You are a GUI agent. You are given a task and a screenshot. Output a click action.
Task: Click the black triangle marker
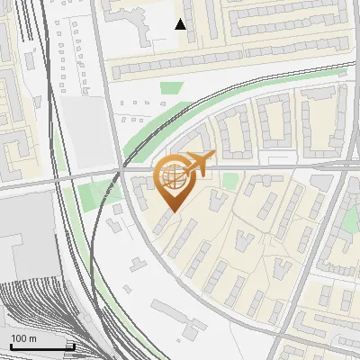(181, 24)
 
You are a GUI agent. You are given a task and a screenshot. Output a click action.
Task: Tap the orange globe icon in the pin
(173, 175)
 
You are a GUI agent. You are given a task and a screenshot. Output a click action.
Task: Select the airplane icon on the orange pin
(200, 163)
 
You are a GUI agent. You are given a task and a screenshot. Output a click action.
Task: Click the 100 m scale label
(23, 338)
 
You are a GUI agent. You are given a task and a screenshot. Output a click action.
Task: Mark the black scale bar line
(41, 346)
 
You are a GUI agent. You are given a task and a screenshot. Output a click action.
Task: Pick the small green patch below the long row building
(171, 88)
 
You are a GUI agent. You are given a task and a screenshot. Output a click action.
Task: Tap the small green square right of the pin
(230, 182)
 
